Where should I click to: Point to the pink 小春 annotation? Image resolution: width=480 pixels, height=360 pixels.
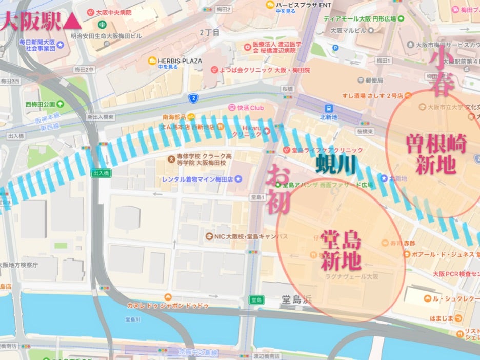(x=441, y=73)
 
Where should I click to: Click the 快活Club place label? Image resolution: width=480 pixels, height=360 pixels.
(x=250, y=108)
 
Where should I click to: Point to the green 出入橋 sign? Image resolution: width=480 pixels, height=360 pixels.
(x=101, y=173)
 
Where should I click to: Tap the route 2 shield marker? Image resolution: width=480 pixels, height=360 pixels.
(x=193, y=98)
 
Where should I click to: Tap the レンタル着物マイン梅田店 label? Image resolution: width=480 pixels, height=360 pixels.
(x=197, y=179)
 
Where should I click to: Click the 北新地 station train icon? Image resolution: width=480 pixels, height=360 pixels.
(x=329, y=108)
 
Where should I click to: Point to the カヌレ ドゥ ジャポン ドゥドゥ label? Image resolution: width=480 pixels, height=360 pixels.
(x=168, y=305)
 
